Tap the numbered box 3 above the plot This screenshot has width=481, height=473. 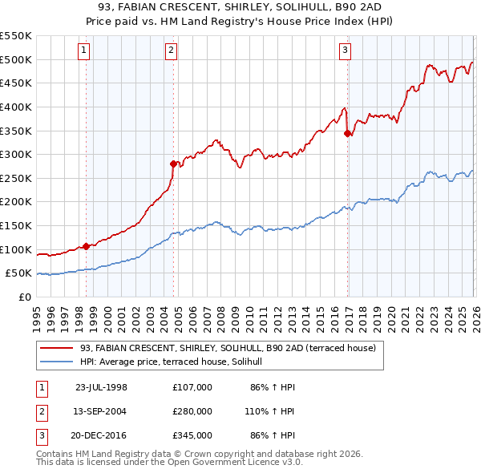(x=346, y=51)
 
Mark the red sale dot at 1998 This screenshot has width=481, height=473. (x=86, y=246)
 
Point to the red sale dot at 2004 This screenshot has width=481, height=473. (x=173, y=164)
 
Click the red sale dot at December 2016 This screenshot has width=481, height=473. (x=347, y=133)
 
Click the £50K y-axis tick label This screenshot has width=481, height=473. (x=18, y=273)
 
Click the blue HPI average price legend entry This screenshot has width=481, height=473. (x=177, y=362)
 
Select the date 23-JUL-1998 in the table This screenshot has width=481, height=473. (x=101, y=387)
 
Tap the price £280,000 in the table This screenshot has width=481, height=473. (x=192, y=411)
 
